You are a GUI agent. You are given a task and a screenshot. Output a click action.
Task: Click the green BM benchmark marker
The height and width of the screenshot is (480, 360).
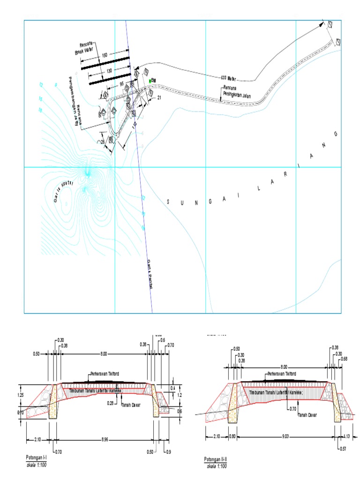point(150,81)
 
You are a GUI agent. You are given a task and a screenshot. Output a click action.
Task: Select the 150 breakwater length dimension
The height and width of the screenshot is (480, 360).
point(105,55)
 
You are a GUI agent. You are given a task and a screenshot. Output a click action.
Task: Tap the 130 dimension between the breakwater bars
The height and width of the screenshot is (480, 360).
point(109,71)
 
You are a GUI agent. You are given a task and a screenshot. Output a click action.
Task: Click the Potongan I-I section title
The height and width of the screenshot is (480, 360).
point(36,457)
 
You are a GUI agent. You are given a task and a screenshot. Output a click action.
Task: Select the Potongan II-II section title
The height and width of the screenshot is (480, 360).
point(216,459)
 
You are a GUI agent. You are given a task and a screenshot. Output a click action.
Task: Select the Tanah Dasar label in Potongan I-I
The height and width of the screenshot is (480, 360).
point(131,405)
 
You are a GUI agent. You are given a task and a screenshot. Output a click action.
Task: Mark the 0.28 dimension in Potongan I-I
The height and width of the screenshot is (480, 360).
point(111,403)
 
